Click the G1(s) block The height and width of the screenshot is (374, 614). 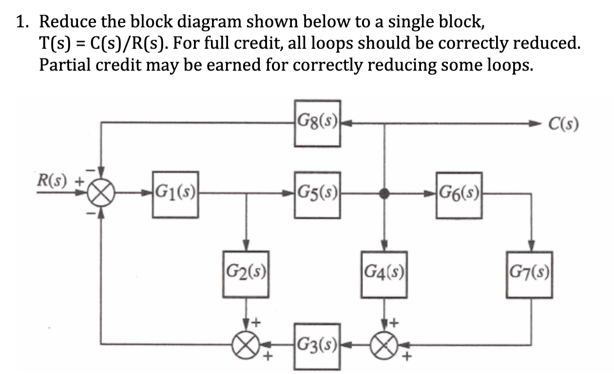(x=175, y=194)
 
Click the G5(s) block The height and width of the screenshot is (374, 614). (x=317, y=194)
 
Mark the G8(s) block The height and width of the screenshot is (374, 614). (x=317, y=123)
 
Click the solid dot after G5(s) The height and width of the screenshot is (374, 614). (x=385, y=194)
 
